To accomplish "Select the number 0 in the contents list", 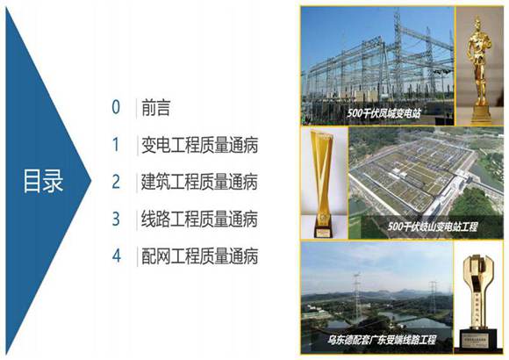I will pos(115,108).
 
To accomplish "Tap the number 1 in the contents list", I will pos(115,145).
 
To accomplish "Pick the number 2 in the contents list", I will pos(115,182).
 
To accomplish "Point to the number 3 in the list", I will pos(115,219).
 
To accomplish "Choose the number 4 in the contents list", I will pos(115,256).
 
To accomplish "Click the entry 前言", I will pos(155,108).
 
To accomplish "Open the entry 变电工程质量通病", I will pos(199,145).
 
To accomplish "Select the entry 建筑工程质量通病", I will pos(199,182).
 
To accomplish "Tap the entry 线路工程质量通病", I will pos(199,219).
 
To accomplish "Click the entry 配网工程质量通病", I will pos(199,256).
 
